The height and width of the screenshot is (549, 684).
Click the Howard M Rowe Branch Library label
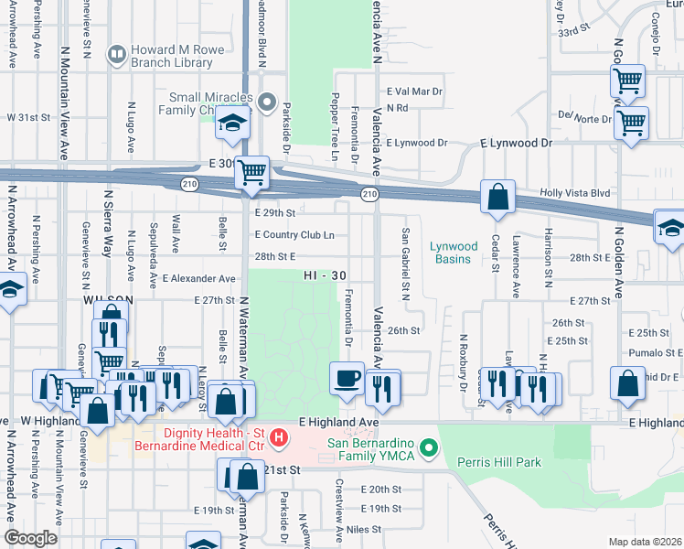coord(173,56)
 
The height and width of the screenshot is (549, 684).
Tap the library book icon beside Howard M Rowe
coord(116,56)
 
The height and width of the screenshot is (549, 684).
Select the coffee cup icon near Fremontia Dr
coord(347,379)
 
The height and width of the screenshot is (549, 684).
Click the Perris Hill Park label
coord(497,463)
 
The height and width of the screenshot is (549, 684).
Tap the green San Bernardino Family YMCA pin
coord(428,449)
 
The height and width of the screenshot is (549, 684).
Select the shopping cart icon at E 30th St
coord(251,172)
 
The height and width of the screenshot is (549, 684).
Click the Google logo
coord(31,538)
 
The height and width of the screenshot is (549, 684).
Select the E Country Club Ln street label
coord(294,235)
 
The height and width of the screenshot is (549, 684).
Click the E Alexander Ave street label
coord(198,278)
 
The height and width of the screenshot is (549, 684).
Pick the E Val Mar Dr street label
coord(414,91)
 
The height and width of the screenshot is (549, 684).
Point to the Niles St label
coord(363,529)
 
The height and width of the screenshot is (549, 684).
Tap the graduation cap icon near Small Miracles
coord(232,124)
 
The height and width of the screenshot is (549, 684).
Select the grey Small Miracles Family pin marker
coord(267,102)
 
